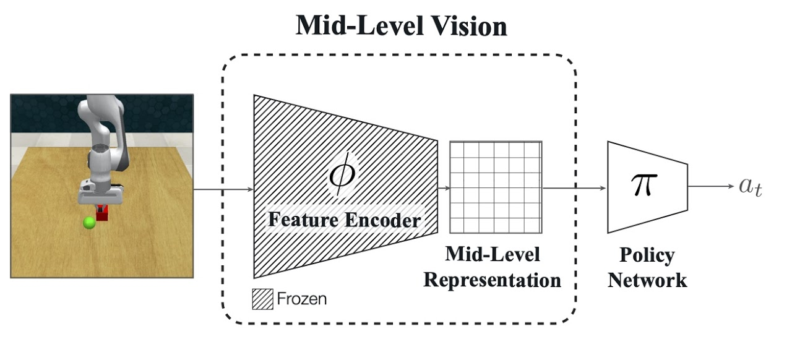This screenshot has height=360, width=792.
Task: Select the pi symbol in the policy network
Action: coord(642,184)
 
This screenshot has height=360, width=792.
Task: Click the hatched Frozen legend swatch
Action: coord(262,299)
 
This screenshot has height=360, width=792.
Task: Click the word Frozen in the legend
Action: coord(301,299)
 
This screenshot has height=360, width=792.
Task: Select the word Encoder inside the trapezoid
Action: coord(384,219)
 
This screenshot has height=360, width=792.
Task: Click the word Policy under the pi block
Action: coord(647,255)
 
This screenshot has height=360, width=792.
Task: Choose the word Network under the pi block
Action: coord(647,280)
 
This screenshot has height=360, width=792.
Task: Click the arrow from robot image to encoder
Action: coord(223,187)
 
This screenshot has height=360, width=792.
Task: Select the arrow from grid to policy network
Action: coord(574,187)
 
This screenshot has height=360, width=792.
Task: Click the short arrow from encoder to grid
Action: coord(443,187)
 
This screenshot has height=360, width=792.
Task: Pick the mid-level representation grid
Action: coord(496,187)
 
